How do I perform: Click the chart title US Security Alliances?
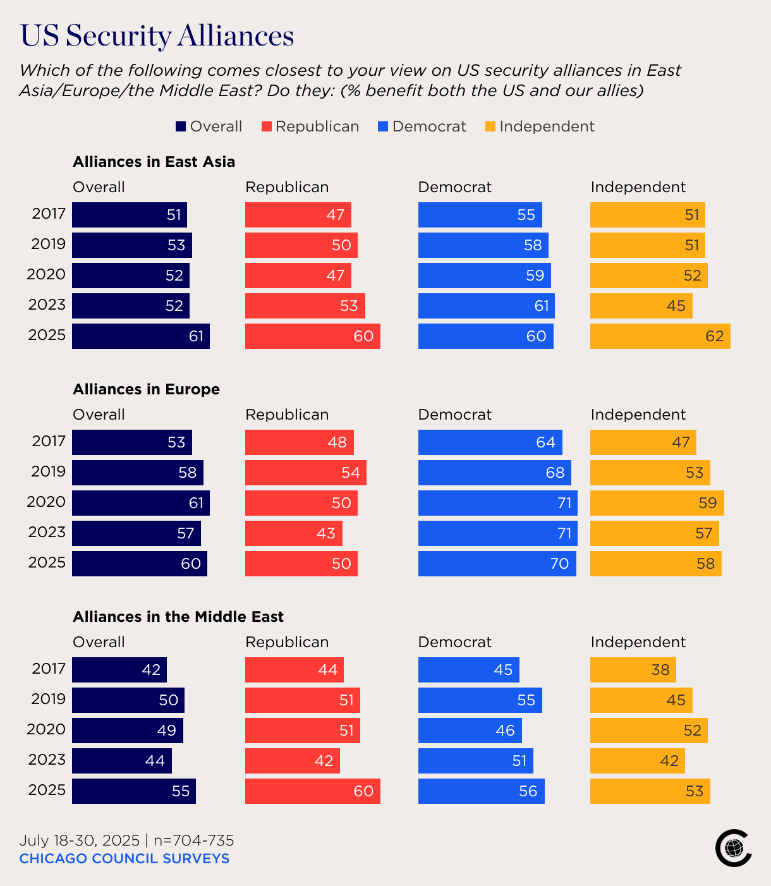pyautogui.click(x=157, y=35)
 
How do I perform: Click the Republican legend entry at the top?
pyautogui.click(x=310, y=126)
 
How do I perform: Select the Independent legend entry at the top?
pyautogui.click(x=540, y=126)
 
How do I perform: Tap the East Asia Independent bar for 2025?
pyautogui.click(x=660, y=336)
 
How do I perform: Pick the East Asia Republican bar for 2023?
pyautogui.click(x=305, y=306)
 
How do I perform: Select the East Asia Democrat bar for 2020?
pyautogui.click(x=484, y=276)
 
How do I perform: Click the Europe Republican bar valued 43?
pyautogui.click(x=293, y=533)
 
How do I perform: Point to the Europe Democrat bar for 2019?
pyautogui.click(x=494, y=473)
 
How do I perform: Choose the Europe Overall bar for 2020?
pyautogui.click(x=140, y=503)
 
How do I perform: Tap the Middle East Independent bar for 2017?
pyautogui.click(x=633, y=670)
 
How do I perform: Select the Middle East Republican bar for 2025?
pyautogui.click(x=312, y=791)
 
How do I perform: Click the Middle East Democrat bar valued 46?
pyautogui.click(x=470, y=731)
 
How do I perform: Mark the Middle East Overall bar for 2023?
pyautogui.click(x=121, y=761)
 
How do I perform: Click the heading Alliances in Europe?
pyautogui.click(x=146, y=389)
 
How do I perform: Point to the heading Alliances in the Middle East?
pyautogui.click(x=178, y=617)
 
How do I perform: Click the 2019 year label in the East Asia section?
pyautogui.click(x=48, y=244)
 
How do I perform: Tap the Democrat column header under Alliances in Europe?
pyautogui.click(x=454, y=415)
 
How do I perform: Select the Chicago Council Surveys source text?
pyautogui.click(x=124, y=858)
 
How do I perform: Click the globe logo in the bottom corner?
pyautogui.click(x=733, y=847)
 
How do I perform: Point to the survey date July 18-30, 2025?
pyautogui.click(x=79, y=840)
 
